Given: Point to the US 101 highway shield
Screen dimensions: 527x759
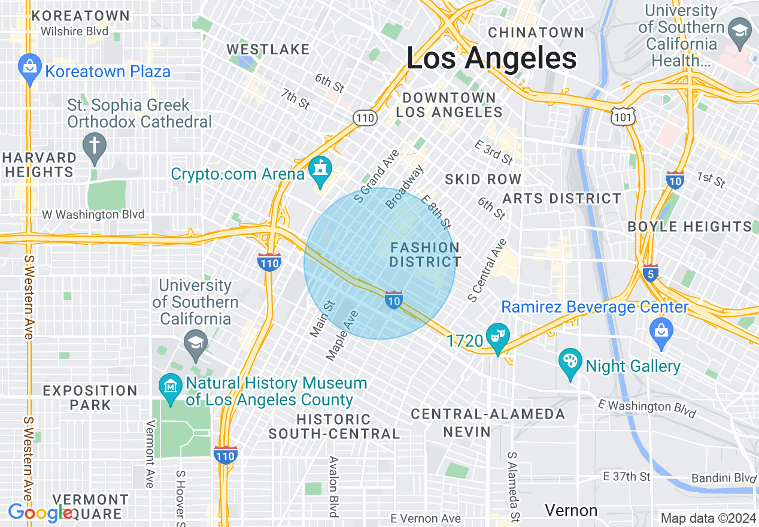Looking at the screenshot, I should coord(623,117).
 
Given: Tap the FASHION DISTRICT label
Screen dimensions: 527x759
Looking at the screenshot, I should coord(425,255).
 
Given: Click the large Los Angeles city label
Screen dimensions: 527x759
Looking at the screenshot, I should coord(491,59).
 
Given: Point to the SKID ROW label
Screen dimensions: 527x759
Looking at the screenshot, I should coord(483,179).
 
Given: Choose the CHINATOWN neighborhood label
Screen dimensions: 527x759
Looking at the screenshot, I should coord(536,32).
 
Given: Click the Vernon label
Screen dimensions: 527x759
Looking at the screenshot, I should coord(571,510).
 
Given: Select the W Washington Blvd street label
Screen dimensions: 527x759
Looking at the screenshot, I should coord(93,214).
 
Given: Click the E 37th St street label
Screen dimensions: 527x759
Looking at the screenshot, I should coord(626,477).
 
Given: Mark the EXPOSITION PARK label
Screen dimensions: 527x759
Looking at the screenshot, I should coord(90,398).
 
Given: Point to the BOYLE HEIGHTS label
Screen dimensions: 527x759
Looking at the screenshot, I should coord(690,226).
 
